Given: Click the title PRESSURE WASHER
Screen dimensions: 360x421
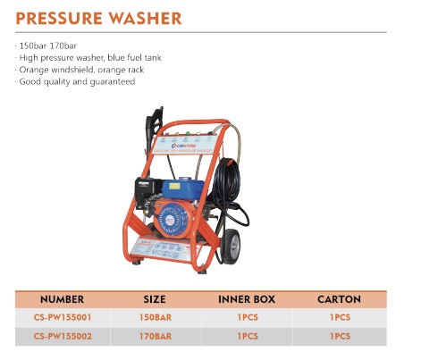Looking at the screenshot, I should [98, 18].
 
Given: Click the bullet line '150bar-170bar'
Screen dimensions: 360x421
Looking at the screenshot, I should [45, 44].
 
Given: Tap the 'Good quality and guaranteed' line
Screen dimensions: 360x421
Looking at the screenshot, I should [76, 81].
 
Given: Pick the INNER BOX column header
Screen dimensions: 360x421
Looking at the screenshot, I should [247, 299].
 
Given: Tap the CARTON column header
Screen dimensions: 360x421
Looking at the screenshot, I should [339, 299].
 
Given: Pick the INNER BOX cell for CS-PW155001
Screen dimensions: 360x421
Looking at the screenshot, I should [247, 317].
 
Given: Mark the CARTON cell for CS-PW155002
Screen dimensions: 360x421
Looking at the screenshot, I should [339, 336].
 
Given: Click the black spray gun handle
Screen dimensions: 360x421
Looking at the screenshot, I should [151, 121].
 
